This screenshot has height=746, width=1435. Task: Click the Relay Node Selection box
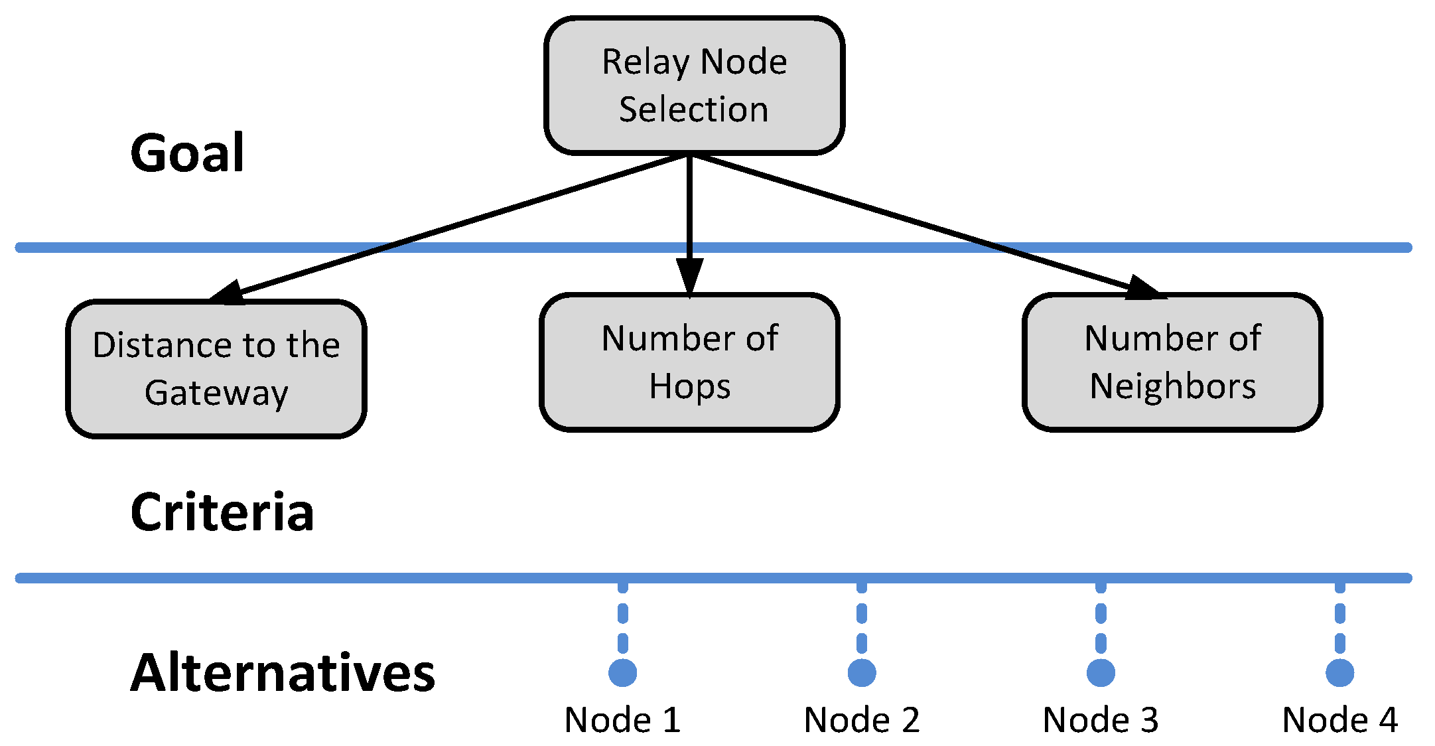tap(694, 86)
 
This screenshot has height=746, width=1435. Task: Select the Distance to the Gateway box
tap(216, 369)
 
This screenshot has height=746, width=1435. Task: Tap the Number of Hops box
tap(689, 362)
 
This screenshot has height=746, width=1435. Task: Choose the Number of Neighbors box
tap(1172, 362)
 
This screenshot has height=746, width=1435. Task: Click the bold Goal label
tap(187, 153)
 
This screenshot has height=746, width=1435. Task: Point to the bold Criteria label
tap(222, 512)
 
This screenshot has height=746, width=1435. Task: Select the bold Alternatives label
tap(283, 673)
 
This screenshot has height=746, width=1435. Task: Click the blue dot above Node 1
tap(622, 673)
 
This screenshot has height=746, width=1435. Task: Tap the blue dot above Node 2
tap(861, 673)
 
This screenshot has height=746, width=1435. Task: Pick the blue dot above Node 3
tap(1101, 673)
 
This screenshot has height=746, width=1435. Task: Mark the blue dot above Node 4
tap(1339, 673)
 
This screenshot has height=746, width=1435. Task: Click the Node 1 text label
tap(622, 720)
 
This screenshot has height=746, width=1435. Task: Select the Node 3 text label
tap(1101, 720)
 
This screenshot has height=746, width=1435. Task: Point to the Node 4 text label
tap(1339, 720)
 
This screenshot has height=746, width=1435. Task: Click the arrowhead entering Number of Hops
tap(689, 275)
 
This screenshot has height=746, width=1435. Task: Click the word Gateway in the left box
tap(216, 393)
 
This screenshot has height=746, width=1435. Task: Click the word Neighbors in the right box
tap(1172, 386)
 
